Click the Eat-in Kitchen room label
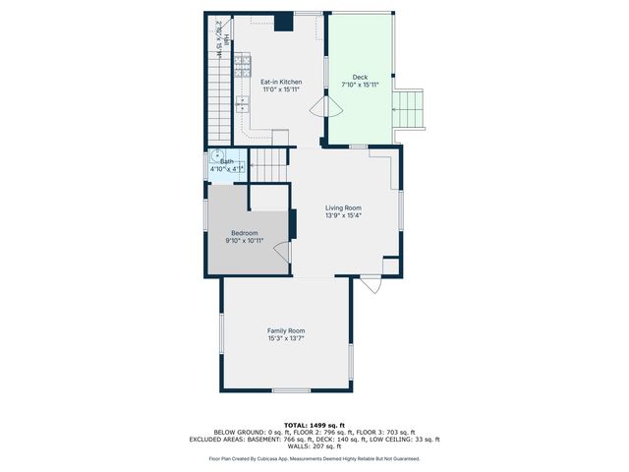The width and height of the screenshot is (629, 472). tap(280, 82)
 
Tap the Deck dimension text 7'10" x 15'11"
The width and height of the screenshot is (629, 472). tap(359, 86)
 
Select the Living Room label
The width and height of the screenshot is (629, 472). tap(344, 207)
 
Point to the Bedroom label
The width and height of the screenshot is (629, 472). tap(244, 233)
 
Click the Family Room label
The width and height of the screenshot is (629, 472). tap(286, 330)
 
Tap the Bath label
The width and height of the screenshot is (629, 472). tap(227, 161)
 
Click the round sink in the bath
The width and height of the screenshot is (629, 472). tap(214, 155)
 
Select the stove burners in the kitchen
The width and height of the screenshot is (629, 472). tap(241, 66)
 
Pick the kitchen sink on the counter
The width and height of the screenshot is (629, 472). tap(241, 101)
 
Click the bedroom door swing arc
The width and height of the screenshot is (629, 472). tap(283, 252)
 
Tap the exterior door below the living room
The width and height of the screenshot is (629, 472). tap(371, 284)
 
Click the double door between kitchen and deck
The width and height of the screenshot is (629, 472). tap(318, 109)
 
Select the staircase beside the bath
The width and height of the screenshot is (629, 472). tap(269, 164)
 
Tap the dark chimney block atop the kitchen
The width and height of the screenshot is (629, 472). tap(283, 22)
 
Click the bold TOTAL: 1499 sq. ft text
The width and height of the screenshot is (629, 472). tap(314, 425)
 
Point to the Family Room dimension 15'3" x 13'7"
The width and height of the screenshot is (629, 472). tap(286, 338)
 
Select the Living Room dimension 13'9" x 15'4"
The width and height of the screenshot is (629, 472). tap(344, 215)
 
